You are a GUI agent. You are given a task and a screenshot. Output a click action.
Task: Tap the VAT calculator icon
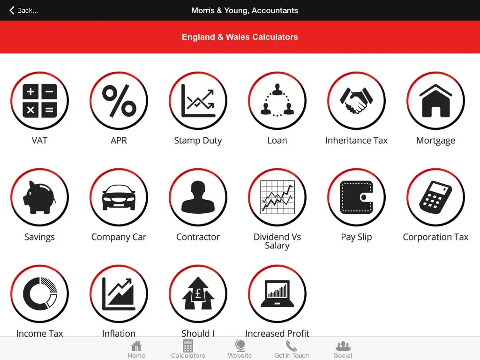tap(39, 101)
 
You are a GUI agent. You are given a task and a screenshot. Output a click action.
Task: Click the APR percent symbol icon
tap(119, 101)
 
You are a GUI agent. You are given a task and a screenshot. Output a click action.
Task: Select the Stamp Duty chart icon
tap(198, 101)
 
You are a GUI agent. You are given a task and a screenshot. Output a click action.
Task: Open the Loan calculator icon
tap(277, 101)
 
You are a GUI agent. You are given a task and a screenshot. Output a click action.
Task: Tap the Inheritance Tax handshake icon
tap(356, 101)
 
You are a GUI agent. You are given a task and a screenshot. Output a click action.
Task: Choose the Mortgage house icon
tap(435, 101)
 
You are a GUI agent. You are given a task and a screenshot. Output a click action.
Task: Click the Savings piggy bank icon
tap(39, 197)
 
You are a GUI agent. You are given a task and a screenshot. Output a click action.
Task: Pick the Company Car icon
tap(119, 197)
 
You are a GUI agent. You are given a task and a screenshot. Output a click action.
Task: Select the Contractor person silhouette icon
tap(198, 197)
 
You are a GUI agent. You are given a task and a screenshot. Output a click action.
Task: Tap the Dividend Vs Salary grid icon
tap(277, 197)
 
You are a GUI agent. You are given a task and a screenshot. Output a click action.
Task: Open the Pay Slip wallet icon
tap(356, 197)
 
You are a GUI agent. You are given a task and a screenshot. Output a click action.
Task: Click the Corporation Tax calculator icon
tap(435, 197)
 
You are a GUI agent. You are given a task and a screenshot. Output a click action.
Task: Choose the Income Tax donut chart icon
tap(39, 294)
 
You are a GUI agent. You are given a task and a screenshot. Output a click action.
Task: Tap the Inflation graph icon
tap(119, 294)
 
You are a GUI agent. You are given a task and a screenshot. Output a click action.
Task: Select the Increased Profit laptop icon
tap(277, 294)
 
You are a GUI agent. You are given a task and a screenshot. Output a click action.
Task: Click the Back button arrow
tap(12, 10)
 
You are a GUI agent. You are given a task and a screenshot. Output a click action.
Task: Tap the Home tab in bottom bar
tap(136, 349)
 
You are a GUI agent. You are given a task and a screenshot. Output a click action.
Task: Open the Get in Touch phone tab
tap(292, 349)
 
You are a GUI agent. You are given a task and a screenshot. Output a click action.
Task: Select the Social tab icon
tap(343, 346)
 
